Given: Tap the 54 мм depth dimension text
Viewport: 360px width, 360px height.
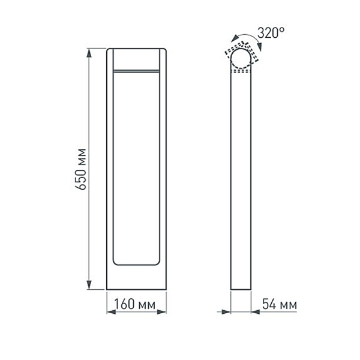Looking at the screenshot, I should (x=280, y=304).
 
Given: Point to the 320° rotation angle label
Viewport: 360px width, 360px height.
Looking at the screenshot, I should (x=272, y=33).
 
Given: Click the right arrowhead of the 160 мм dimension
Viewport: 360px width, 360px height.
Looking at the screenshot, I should (x=162, y=312).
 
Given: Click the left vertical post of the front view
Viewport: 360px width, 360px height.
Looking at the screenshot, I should (x=110, y=168).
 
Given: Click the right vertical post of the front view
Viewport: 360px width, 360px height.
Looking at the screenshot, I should (x=163, y=168).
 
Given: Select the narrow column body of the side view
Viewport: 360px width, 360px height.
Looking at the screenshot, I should (x=242, y=180).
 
